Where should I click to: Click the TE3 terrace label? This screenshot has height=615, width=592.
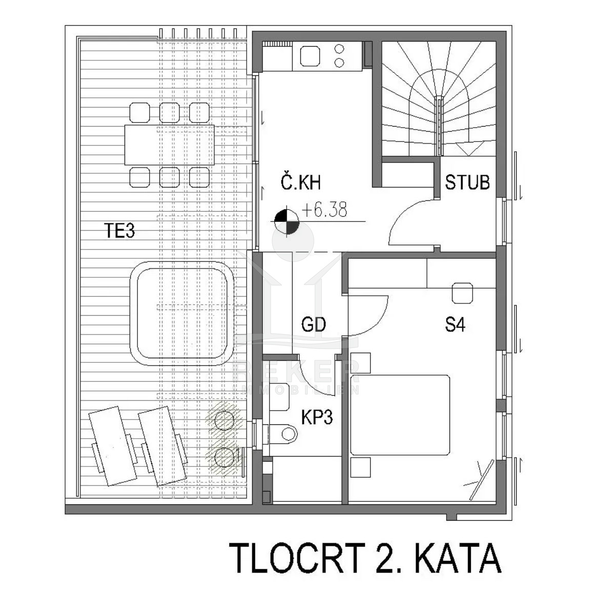[x=119, y=231]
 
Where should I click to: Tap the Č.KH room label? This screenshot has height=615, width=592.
[x=300, y=182]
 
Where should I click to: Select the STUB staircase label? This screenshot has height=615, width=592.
[x=467, y=182]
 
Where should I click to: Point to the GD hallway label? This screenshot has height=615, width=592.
[x=313, y=324]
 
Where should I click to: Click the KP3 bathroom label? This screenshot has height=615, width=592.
[x=317, y=417]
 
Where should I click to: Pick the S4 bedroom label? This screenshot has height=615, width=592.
[x=455, y=324]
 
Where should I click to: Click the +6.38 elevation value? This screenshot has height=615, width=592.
[x=324, y=210]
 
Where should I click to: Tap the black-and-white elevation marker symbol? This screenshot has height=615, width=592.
[x=287, y=221]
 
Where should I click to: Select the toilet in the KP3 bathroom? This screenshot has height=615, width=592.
[x=282, y=434]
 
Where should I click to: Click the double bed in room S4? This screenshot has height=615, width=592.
[x=400, y=415]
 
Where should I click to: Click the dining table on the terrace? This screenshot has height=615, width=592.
[x=170, y=145]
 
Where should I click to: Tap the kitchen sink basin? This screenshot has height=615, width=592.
[x=310, y=56]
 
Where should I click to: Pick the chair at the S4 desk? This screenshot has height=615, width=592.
[x=462, y=293]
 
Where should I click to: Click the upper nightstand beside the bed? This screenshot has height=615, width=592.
[x=361, y=363]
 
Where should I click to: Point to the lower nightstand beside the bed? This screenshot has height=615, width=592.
[x=361, y=467]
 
